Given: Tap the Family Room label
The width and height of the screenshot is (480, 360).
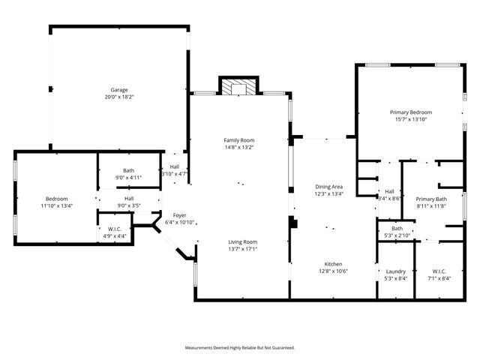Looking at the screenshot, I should [239, 140].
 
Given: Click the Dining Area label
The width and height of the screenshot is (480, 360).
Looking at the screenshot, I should [328, 186].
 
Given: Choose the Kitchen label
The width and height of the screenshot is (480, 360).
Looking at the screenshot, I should [333, 264].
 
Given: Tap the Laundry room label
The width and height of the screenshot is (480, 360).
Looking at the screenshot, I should [395, 271].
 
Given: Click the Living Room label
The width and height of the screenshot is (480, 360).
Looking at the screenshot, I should [243, 241].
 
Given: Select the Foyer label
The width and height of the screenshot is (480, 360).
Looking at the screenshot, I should [179, 214].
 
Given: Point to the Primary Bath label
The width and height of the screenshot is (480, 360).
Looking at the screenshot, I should [430, 198].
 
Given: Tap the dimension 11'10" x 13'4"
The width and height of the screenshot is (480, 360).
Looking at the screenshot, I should [56, 205].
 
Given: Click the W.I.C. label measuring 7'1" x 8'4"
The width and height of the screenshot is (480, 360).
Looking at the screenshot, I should [439, 271].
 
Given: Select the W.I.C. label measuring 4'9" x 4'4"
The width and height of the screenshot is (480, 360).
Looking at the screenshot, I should [115, 229].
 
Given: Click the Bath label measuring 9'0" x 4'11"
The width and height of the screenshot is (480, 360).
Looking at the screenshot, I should [129, 170].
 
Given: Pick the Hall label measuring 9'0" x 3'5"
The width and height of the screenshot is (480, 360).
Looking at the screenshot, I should [129, 198].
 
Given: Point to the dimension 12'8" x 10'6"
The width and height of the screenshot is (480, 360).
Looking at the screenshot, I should [333, 271].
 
